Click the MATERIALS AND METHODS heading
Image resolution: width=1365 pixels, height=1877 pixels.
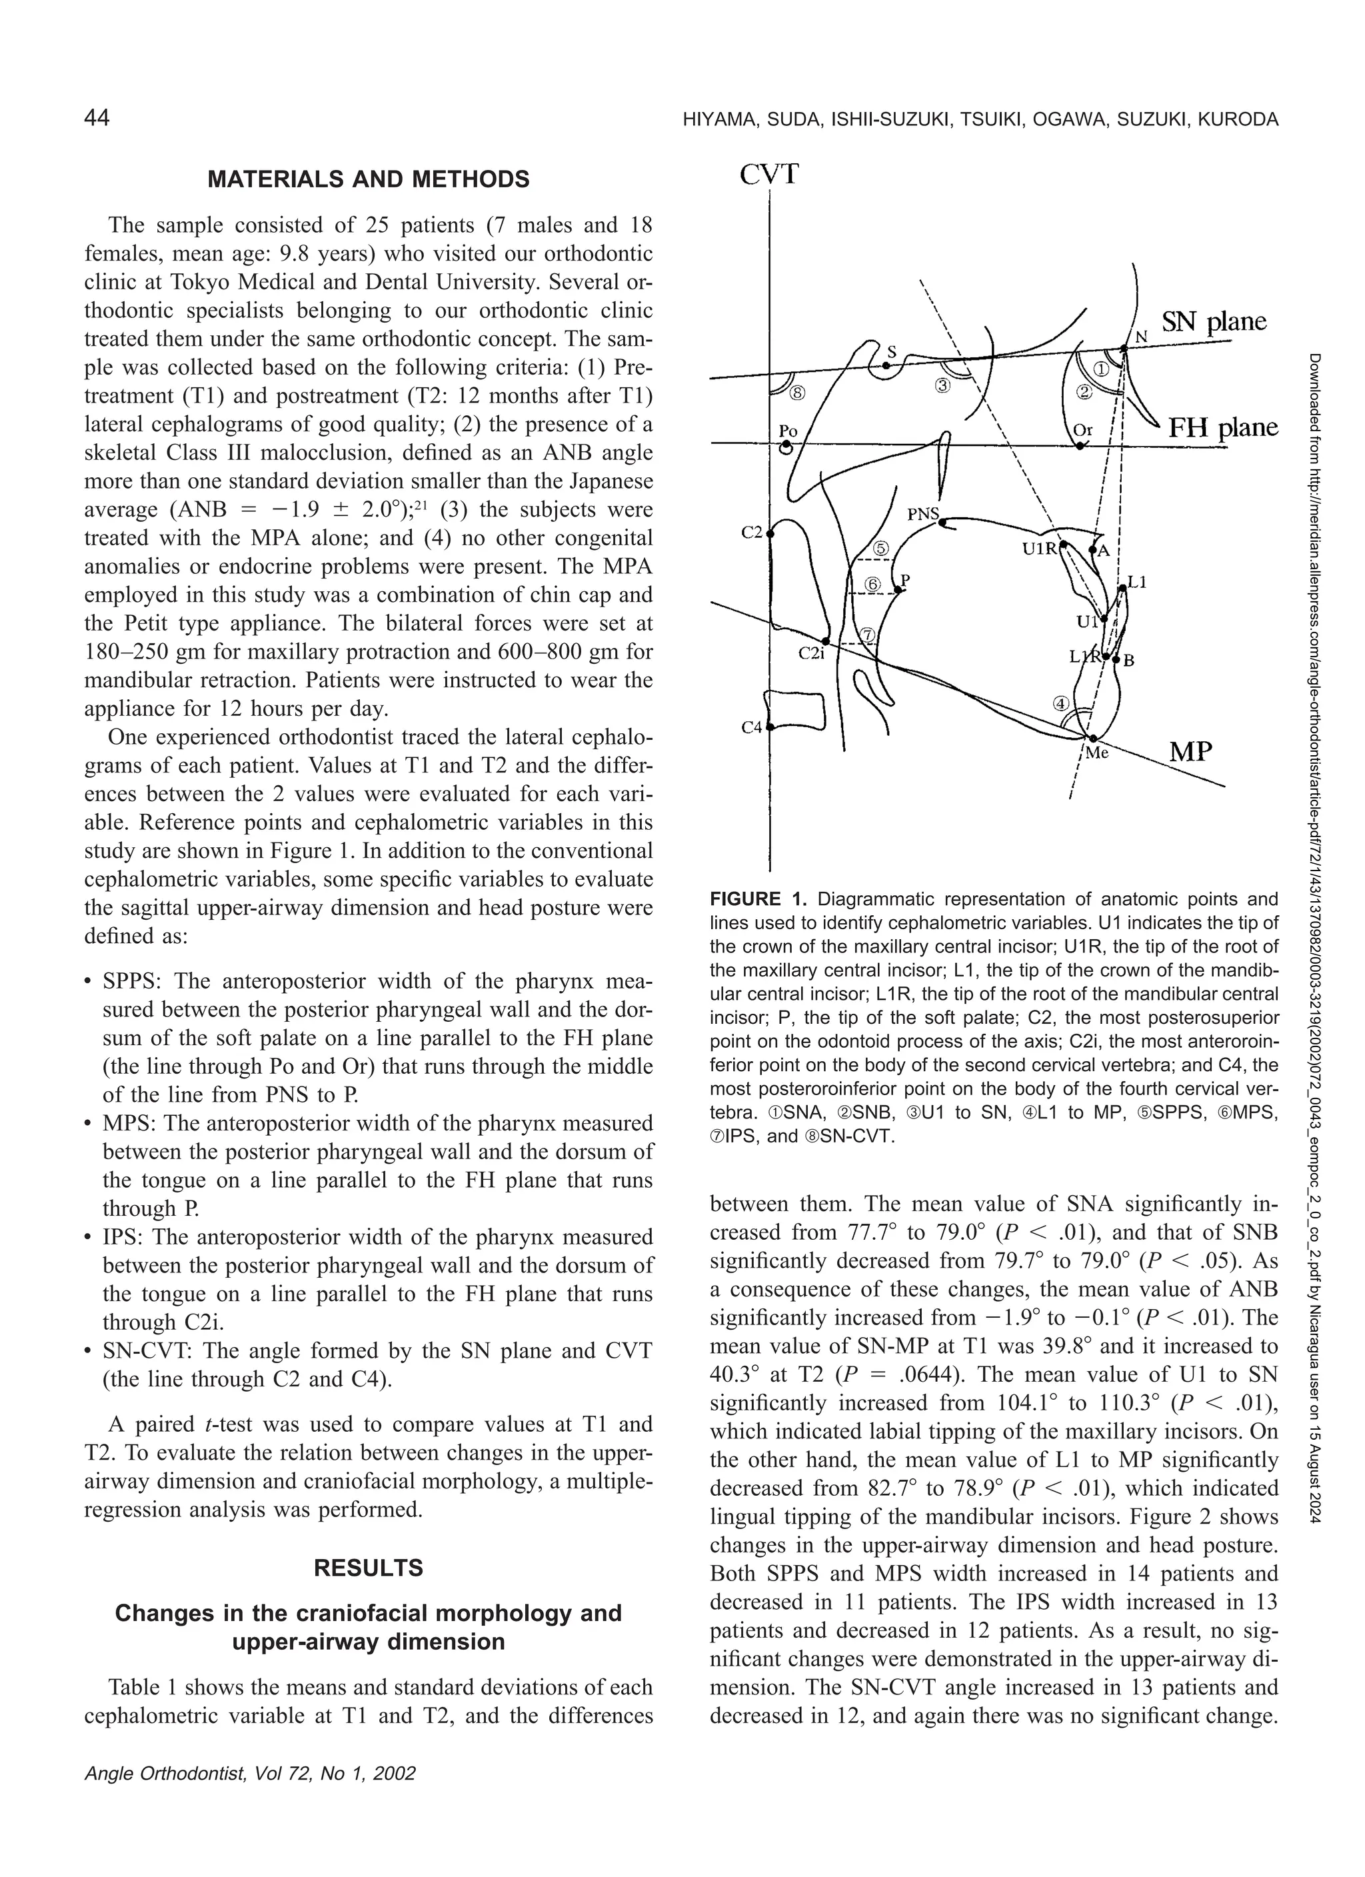coord(369,179)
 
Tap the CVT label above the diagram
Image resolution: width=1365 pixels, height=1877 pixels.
coord(768,175)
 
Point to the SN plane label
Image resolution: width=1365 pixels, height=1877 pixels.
coord(1214,321)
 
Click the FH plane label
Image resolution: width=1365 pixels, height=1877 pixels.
coord(1222,428)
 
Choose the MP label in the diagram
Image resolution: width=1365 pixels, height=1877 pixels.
coord(1190,751)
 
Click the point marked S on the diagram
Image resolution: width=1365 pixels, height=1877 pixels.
coord(886,364)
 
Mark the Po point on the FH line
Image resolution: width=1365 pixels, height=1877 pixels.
coord(786,446)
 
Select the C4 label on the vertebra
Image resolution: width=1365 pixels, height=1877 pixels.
coord(750,727)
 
